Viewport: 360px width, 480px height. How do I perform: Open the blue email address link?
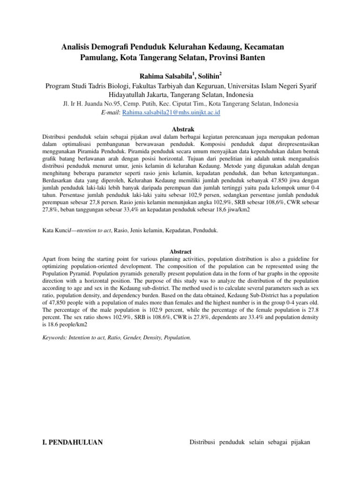coord(171,113)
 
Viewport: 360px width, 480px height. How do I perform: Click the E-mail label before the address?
coord(111,113)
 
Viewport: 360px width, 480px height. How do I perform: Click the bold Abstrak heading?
coord(180,129)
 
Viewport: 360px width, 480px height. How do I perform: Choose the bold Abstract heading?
coord(180,252)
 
